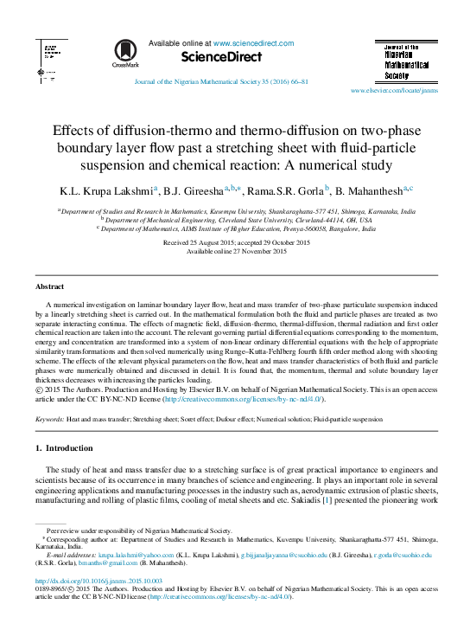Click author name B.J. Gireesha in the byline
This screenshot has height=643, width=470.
pos(196,190)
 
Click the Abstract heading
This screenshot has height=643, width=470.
pos(48,286)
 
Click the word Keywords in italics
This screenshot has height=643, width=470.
pos(48,418)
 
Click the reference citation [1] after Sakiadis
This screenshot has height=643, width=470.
pos(327,499)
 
